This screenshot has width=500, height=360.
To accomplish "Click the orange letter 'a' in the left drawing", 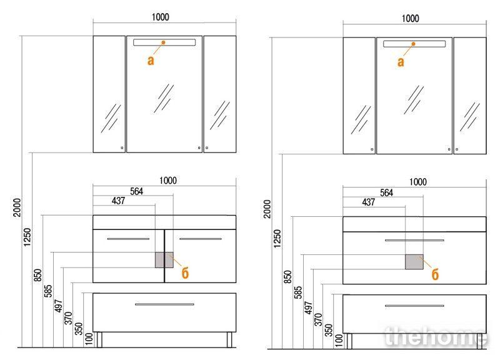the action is tap(151, 60).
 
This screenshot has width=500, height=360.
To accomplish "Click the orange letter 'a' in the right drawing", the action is tap(401, 61).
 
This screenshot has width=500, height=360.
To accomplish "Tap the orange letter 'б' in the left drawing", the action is tap(185, 273).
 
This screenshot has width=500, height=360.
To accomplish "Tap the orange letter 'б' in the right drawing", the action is tap(435, 274).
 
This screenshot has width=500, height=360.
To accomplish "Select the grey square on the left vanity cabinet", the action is tap(164, 260).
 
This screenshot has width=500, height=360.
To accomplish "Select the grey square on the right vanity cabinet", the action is tap(414, 262).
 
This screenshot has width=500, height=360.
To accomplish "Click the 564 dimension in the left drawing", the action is tap(136, 191).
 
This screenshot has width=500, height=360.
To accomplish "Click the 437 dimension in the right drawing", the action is tap(368, 202).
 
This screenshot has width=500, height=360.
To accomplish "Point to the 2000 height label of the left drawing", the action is tap(17, 207).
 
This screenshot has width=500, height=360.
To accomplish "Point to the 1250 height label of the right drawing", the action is tap(277, 238).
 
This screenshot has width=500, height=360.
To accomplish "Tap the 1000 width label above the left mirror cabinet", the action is tap(160, 17).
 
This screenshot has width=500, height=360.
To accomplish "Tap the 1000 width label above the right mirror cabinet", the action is tap(410, 19).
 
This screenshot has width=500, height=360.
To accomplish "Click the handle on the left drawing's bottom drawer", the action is tap(164, 304).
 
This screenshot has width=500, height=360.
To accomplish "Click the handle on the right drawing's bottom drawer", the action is tap(414, 306).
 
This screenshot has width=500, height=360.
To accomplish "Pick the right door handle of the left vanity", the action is tap(201, 239).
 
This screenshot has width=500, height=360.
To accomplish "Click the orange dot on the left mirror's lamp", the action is tap(163, 42).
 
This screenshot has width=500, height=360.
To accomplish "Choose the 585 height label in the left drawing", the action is tap(48, 291).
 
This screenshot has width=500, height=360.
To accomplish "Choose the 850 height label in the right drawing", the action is tap(287, 277).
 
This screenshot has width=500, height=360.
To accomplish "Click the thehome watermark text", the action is tap(436, 336).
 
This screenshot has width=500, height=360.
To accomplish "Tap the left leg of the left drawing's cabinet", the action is tap(99, 339).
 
